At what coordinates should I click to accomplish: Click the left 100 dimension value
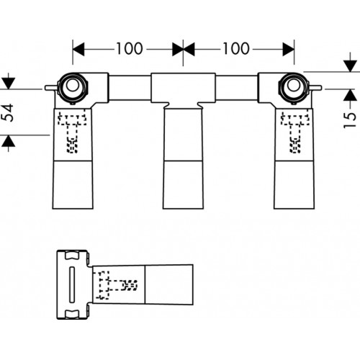click(130, 48)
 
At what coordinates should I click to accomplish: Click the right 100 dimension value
click(236, 48)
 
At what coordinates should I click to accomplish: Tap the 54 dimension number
click(8, 112)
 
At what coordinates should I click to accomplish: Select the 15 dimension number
click(349, 120)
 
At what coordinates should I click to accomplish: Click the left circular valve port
click(73, 88)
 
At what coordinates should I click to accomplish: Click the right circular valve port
click(293, 88)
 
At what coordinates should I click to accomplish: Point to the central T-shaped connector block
click(183, 91)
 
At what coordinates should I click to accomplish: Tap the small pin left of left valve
click(51, 88)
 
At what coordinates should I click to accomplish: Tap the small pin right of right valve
click(315, 88)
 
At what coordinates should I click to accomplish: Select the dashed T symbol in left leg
click(72, 131)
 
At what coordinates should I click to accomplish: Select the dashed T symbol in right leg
click(295, 132)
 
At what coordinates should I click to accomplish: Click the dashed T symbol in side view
click(117, 285)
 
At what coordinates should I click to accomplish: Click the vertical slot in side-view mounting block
click(72, 284)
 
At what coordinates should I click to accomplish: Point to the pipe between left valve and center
click(130, 88)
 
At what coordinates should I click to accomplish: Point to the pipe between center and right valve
click(237, 88)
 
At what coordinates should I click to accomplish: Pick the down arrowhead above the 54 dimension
click(8, 84)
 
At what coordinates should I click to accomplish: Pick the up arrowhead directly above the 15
click(350, 95)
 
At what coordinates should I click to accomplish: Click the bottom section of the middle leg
click(183, 184)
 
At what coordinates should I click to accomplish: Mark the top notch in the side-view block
click(72, 255)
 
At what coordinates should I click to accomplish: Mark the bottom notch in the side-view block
click(72, 314)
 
